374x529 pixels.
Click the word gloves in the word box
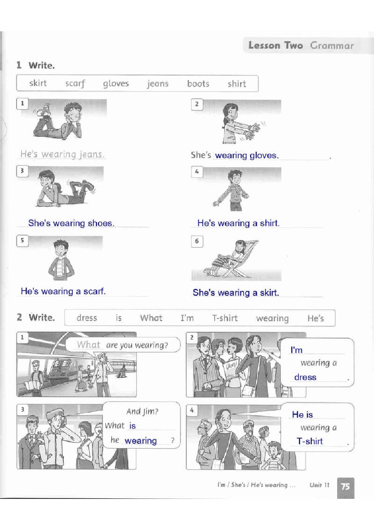point(116,84)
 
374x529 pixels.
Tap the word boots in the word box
point(198,84)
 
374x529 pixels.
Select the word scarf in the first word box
point(75,84)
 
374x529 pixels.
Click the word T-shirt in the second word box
point(225,318)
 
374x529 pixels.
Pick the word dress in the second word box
point(87,318)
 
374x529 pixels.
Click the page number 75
point(345,486)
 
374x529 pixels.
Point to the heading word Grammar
point(332,46)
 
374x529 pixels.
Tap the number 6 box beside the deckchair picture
point(197,241)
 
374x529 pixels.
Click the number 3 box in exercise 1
point(22,171)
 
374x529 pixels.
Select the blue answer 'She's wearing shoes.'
point(71,223)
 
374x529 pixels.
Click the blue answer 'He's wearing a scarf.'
point(63,291)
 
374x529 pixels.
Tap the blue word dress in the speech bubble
point(305,377)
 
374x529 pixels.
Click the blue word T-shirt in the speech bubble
point(310,441)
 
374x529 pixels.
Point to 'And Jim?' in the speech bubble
point(142,412)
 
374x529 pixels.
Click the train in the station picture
point(63,370)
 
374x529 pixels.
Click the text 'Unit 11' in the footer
point(319,485)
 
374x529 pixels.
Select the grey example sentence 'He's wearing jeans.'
point(62,154)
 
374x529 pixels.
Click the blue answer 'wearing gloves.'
point(247,155)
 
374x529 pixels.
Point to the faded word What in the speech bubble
point(89,345)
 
